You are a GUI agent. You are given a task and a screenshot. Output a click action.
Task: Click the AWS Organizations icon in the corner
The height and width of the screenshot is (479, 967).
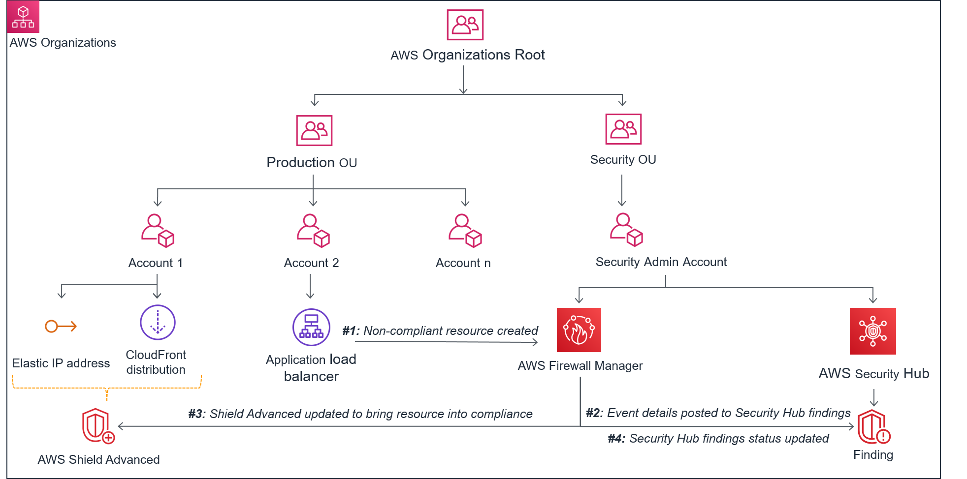click(23, 17)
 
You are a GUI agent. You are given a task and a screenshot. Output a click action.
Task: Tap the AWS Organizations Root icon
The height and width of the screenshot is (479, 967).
click(465, 25)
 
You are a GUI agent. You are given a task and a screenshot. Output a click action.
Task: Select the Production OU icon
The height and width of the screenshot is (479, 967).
click(314, 130)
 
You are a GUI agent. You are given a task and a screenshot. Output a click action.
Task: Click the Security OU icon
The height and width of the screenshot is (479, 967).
click(623, 129)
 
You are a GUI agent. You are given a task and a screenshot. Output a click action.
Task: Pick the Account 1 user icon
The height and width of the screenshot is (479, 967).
click(158, 230)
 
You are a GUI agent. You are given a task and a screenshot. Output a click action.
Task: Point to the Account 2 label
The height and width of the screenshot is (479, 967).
click(311, 263)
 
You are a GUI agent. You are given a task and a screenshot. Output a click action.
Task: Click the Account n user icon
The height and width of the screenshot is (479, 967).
click(465, 230)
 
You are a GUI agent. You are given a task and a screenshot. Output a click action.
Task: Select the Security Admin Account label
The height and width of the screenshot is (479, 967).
click(661, 262)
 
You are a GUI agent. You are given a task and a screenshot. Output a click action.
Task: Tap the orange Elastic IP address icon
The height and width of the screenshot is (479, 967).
click(61, 326)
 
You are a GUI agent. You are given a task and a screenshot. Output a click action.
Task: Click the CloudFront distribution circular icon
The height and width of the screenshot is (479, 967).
click(158, 323)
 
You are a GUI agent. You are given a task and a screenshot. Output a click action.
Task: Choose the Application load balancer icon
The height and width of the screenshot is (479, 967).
click(311, 327)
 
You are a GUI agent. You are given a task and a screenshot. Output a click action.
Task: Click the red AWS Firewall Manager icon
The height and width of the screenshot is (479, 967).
click(579, 330)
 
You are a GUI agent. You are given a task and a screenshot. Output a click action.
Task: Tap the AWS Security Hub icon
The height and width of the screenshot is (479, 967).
click(872, 331)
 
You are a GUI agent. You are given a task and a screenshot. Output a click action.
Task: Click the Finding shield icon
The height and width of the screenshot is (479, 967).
click(873, 427)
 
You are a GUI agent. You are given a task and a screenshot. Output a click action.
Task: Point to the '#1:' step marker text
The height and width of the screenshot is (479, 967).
click(351, 331)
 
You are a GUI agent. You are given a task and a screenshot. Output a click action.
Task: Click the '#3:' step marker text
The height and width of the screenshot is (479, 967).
click(197, 414)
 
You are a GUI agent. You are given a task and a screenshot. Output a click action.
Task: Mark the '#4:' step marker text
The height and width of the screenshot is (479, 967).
click(616, 439)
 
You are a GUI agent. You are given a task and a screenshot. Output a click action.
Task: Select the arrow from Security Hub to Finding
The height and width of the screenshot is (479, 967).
click(874, 397)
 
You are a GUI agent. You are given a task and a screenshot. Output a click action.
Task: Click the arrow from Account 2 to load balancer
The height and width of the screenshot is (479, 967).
click(310, 286)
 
